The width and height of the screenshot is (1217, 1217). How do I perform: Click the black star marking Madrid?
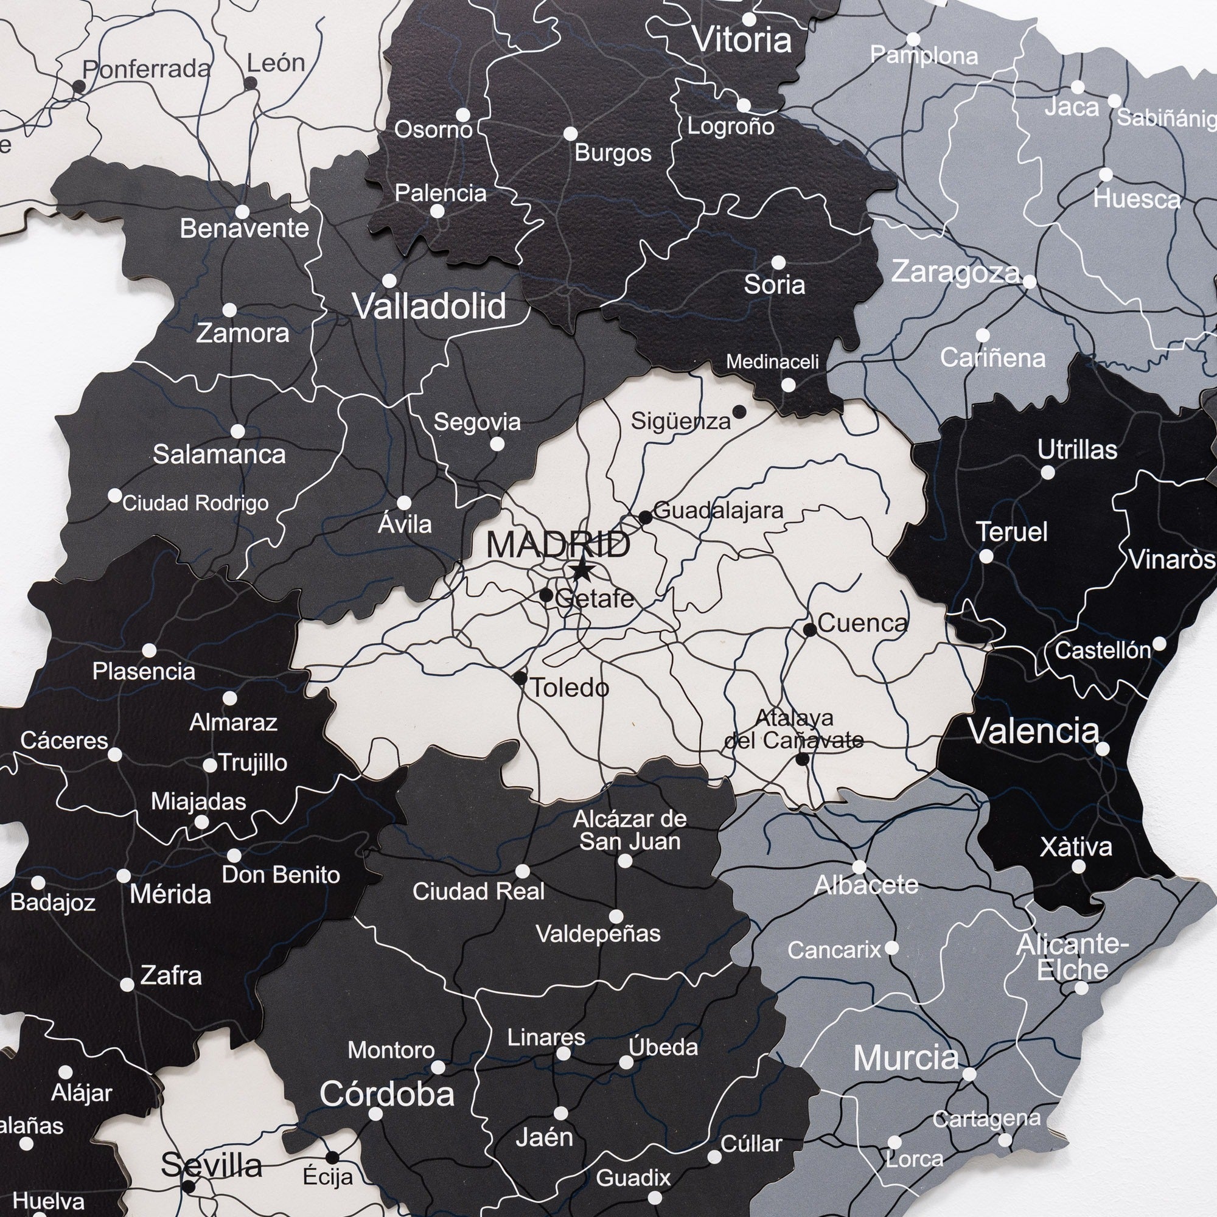581,571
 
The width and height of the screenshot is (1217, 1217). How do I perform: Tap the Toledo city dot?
520,678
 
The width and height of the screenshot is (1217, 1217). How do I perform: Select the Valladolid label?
430,307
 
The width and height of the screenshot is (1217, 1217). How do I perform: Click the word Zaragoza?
955,273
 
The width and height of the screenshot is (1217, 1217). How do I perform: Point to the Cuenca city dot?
810,629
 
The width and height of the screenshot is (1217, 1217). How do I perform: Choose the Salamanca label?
219,454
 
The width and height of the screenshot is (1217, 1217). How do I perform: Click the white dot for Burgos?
570,133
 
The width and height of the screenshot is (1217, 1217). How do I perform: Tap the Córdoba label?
387,1095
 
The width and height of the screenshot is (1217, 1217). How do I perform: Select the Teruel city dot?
986,556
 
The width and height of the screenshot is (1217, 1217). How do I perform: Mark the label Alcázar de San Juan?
630,830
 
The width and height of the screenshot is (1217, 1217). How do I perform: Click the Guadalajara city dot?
645,517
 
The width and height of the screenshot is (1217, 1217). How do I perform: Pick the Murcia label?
906,1058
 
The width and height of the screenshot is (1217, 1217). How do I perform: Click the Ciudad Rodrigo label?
195,503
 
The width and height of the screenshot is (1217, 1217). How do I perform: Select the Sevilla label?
212,1166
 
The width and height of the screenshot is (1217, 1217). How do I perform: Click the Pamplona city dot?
913,40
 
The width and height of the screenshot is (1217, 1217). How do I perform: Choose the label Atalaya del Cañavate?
793,729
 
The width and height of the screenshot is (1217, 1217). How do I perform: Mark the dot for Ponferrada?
78,86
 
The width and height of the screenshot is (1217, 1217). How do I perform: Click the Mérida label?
170,894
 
